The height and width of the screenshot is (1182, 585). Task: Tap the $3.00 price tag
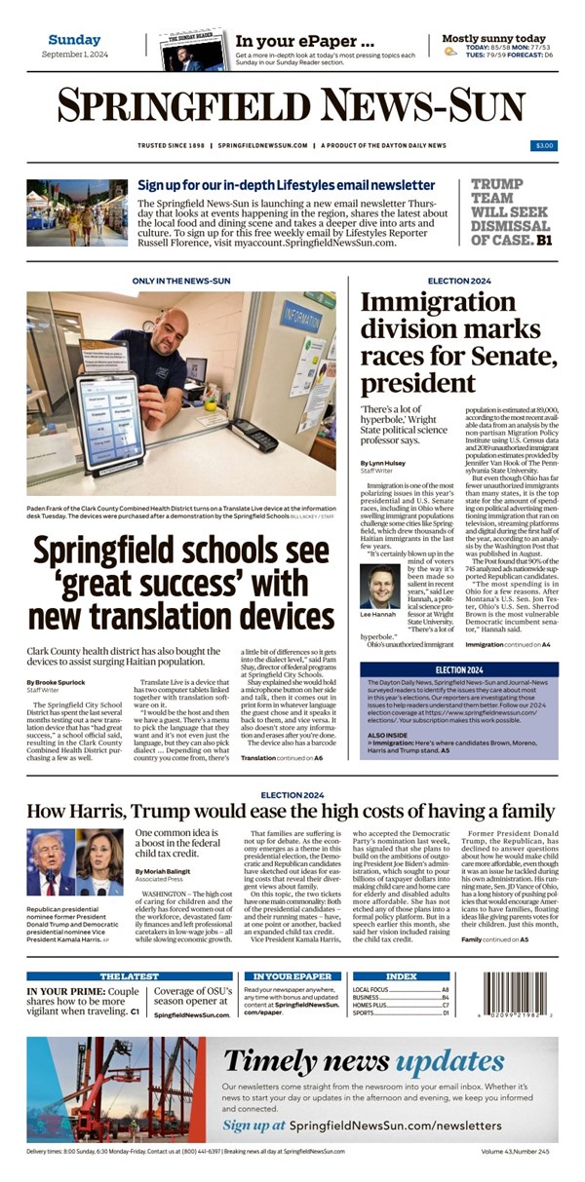coord(544,146)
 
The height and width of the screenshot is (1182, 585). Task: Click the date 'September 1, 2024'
coord(74,55)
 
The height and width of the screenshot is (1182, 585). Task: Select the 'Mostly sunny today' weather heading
coord(493,39)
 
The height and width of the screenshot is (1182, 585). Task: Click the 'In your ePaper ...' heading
coord(304,41)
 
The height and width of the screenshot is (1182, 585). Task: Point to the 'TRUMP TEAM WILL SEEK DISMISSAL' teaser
coord(513,210)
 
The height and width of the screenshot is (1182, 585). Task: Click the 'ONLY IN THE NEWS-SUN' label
coord(180,281)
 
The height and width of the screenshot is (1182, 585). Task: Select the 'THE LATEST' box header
coord(128,975)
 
